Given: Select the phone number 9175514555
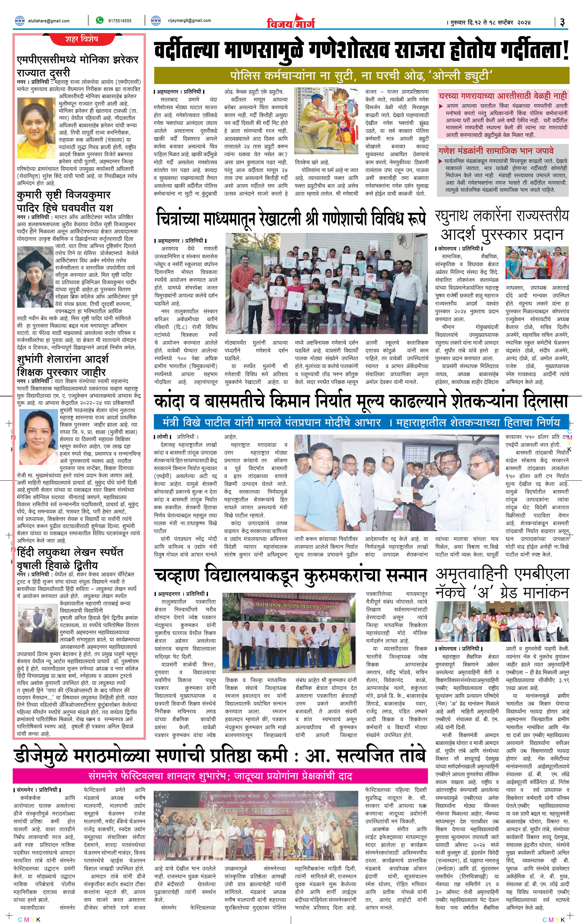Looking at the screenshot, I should tap(120, 21).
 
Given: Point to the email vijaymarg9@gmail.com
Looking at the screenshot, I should tap(189, 21).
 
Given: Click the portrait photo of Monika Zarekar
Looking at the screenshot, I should tap(37, 127).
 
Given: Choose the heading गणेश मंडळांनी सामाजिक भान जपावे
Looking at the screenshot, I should tap(496, 151).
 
